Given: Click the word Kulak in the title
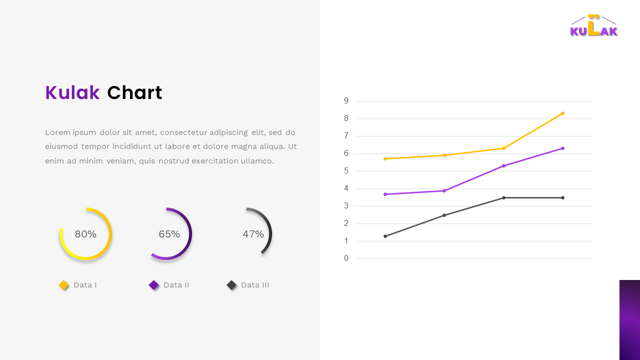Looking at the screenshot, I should [x=72, y=93].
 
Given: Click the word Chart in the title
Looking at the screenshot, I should [x=134, y=93].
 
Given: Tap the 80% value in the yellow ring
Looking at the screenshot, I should [x=85, y=234].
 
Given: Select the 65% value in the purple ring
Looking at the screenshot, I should [x=169, y=234].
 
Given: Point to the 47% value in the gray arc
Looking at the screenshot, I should [x=253, y=234].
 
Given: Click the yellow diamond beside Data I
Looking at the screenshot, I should [x=63, y=285].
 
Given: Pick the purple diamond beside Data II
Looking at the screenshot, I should [x=153, y=285].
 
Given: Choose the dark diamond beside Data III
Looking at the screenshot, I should [x=231, y=285].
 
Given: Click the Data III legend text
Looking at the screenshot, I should [x=255, y=285].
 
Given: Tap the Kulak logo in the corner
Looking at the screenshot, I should [x=594, y=26].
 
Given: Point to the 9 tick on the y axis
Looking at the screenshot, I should [x=346, y=101].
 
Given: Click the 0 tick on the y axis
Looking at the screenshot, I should [x=346, y=258].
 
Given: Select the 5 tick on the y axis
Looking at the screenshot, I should [x=346, y=171].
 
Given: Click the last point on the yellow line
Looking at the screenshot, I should [x=562, y=113].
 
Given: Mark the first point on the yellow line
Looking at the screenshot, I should [x=385, y=158].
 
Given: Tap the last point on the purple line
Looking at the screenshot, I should [x=562, y=148].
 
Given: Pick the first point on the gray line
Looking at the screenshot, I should [x=385, y=236].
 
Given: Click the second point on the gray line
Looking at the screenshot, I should [x=444, y=215].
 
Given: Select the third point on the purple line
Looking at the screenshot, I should [x=503, y=165].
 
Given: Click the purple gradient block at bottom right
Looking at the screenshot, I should [x=629, y=320].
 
